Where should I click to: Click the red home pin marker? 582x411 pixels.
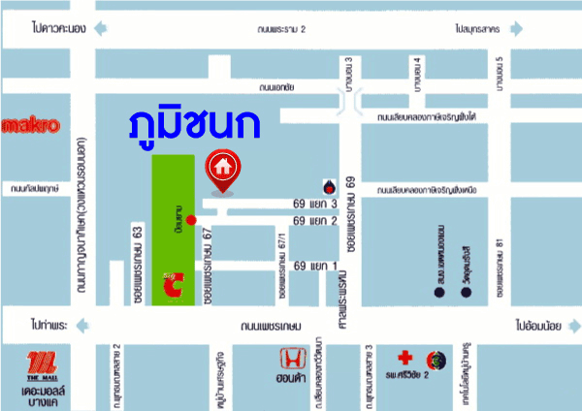pyautogui.click(x=222, y=170)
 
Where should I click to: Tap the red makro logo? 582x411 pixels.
pyautogui.click(x=31, y=124)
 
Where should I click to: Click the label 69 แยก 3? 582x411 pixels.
pyautogui.click(x=314, y=205)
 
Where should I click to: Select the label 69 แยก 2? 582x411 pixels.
pyautogui.click(x=314, y=221)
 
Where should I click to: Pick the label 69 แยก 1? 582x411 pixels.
pyautogui.click(x=314, y=266)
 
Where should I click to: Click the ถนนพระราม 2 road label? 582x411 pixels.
pyautogui.click(x=277, y=30)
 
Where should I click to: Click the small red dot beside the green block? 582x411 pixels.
pyautogui.click(x=191, y=220)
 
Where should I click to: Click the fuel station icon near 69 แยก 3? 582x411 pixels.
pyautogui.click(x=327, y=185)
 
